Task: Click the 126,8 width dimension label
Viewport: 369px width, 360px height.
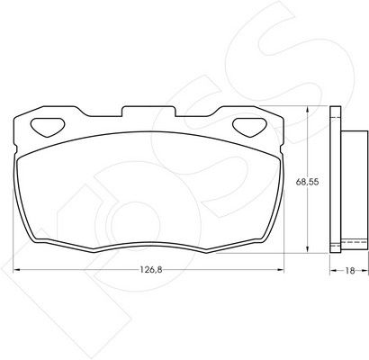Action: coord(151,270)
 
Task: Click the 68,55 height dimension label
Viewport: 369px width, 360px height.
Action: coord(307,182)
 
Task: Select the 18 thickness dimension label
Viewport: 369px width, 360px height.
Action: coord(350,271)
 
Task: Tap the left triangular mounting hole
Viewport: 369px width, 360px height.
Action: coord(48,127)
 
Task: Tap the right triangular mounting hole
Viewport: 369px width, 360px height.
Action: coord(250,127)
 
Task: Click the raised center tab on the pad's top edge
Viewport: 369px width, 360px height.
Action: coord(148,111)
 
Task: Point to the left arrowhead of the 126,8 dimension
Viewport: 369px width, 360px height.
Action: coord(17,270)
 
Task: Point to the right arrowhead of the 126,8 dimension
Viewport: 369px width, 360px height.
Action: coord(280,270)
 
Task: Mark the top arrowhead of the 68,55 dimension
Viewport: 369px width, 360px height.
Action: coord(307,110)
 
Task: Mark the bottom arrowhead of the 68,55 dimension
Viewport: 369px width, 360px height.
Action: coord(307,249)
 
